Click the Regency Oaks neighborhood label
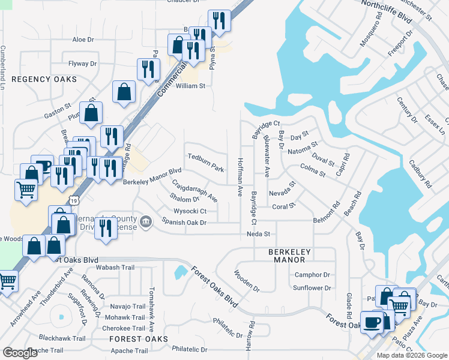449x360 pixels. (44, 79)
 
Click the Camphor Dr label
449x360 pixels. (312, 275)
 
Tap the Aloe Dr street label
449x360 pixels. (83, 40)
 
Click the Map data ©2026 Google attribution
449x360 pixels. (412, 355)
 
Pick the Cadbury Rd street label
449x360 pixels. (420, 174)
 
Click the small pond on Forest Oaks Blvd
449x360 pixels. (180, 272)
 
